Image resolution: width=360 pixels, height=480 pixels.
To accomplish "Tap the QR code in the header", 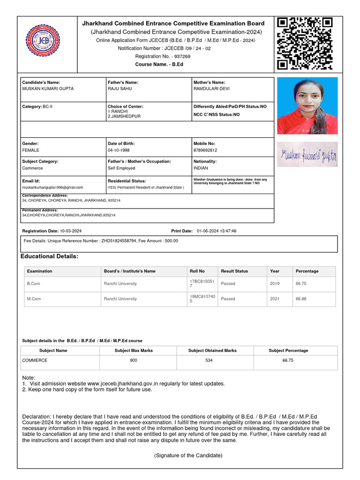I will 305,43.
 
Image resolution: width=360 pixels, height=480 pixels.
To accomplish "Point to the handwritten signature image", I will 307,155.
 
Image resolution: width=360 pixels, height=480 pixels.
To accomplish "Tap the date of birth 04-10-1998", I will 119,150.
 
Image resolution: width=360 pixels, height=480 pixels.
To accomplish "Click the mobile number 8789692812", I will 206,150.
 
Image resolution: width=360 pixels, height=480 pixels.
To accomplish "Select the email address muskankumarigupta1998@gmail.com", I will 52,187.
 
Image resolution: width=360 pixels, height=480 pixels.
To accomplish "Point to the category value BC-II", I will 48,107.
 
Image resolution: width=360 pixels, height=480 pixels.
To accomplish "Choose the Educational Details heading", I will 50,256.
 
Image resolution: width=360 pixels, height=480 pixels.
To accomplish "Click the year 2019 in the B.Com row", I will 275,284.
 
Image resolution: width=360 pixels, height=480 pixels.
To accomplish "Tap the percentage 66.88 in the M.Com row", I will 301,299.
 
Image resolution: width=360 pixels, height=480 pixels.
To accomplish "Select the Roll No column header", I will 197,271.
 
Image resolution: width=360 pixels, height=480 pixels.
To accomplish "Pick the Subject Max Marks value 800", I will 134,360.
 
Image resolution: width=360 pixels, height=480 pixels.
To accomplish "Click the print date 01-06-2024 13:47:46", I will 217,231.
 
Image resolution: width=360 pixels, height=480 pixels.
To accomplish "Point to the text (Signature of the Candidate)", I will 188,456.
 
